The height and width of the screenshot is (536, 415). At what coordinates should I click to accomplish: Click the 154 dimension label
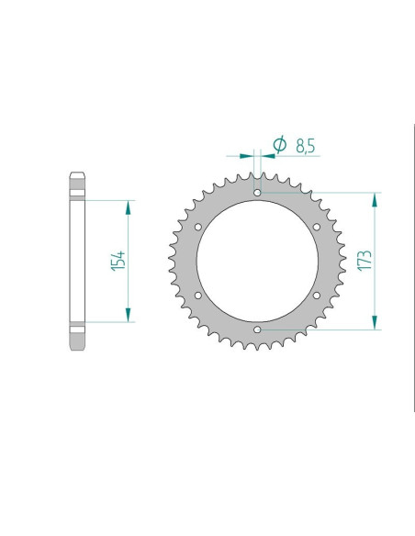coord(118,261)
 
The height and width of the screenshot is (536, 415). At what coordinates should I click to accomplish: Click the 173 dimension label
coord(365,261)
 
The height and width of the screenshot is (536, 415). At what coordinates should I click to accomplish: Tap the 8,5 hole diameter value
coord(305,146)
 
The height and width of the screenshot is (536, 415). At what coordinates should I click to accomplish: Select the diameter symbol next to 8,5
coord(280,144)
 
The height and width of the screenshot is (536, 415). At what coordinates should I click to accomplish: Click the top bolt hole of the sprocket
coord(257,193)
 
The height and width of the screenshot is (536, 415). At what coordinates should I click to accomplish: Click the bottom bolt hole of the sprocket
coord(257,329)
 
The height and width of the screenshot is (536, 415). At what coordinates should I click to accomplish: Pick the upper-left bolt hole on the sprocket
coord(198,227)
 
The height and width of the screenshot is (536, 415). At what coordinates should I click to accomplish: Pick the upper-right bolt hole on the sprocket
coord(317,227)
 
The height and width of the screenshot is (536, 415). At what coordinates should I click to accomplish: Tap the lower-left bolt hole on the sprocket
coord(198,296)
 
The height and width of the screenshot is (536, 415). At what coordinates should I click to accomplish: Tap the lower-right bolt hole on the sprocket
coord(317,296)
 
